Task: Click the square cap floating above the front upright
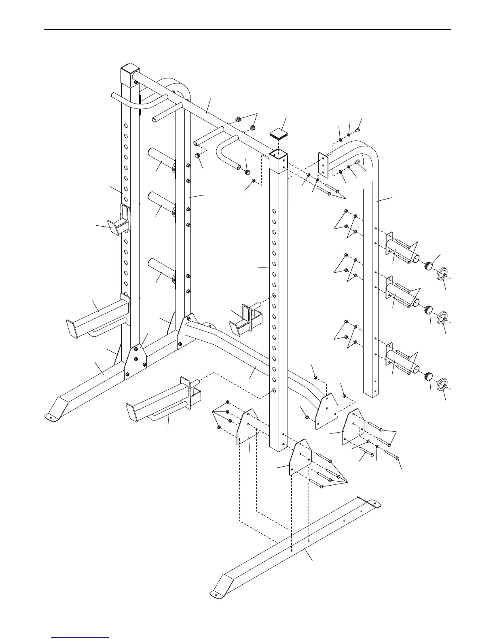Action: pos(278,134)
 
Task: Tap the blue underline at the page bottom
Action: pos(80,638)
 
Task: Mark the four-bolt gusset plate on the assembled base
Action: pos(135,360)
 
